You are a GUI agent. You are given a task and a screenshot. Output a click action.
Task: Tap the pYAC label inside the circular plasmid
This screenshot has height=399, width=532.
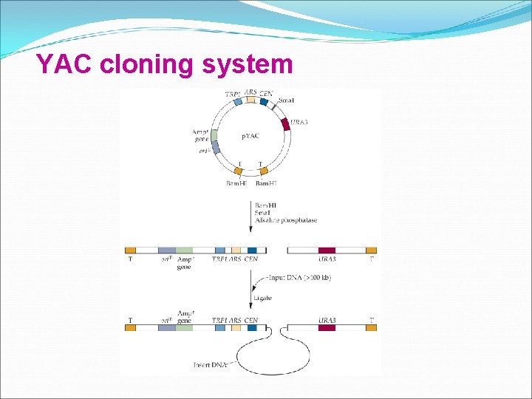[250, 137]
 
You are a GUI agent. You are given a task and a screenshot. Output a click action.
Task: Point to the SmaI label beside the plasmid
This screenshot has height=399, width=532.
[287, 100]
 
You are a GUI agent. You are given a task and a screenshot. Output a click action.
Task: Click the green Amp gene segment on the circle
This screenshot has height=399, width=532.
[214, 135]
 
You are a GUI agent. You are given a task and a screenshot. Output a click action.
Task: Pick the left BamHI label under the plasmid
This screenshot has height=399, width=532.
[236, 183]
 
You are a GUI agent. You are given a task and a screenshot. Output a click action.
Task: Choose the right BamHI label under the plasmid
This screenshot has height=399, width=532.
[266, 183]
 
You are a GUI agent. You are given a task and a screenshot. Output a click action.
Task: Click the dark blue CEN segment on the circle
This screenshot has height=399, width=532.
[264, 101]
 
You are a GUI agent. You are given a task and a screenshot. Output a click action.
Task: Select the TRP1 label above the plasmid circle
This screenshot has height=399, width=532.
[232, 94]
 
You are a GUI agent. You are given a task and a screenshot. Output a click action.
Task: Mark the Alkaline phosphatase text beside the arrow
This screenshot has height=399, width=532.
[284, 219]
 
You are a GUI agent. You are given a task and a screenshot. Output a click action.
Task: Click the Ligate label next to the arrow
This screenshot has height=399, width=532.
[263, 298]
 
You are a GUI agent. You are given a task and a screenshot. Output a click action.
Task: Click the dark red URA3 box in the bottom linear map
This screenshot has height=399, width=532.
[327, 326]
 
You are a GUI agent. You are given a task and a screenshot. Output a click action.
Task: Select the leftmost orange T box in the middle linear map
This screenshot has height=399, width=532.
[131, 250]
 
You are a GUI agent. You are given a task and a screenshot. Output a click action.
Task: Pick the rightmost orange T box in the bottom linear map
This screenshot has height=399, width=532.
[371, 326]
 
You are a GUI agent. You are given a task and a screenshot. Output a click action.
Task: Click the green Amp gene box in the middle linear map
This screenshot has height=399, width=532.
[184, 250]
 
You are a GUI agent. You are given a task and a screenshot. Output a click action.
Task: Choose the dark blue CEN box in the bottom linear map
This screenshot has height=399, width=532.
[252, 326]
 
